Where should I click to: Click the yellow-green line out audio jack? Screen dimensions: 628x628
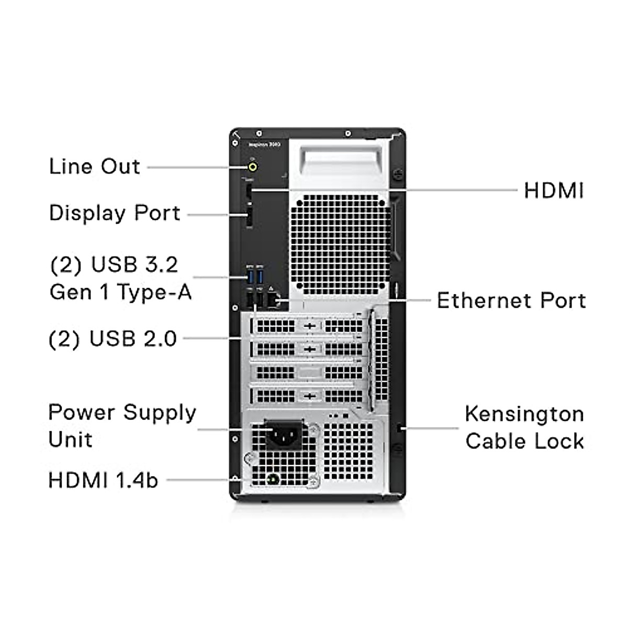[253, 167]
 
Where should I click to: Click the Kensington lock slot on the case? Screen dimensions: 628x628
[400, 428]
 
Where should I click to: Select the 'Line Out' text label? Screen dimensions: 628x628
[95, 166]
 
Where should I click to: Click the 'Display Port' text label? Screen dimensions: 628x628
[115, 213]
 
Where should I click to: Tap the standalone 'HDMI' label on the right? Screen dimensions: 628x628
[554, 190]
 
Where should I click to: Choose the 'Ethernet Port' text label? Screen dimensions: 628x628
[511, 300]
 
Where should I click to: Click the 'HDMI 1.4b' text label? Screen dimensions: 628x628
[103, 480]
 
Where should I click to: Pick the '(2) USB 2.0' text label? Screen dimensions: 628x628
[113, 339]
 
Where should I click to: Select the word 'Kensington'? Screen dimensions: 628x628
[524, 414]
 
